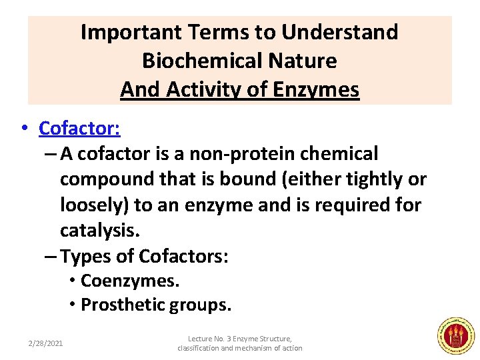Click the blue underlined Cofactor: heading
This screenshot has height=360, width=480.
79,127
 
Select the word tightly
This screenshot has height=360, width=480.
373,179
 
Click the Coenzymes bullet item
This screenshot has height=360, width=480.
129,281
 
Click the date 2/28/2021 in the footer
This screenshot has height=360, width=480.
45,343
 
